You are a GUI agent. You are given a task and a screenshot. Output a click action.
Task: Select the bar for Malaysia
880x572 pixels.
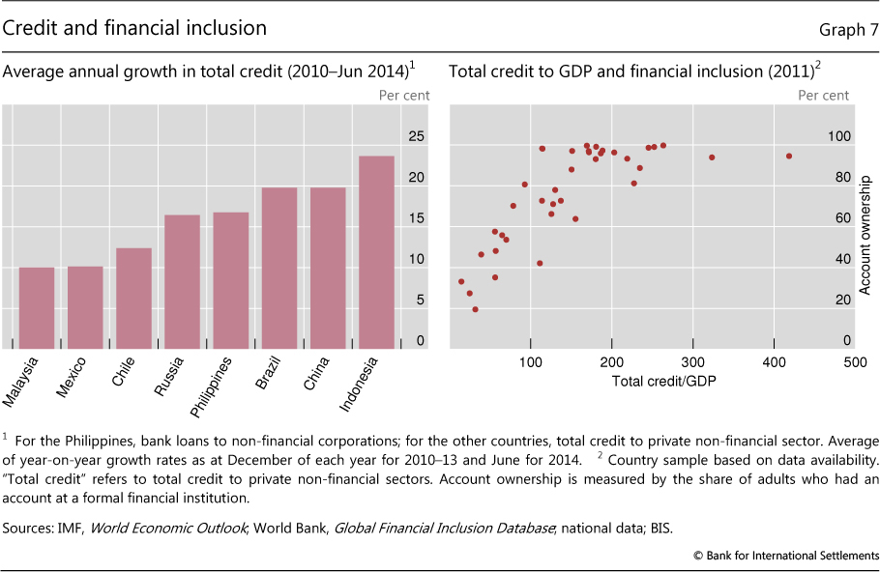(37, 307)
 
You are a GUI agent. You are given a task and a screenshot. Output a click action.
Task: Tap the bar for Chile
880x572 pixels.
(133, 298)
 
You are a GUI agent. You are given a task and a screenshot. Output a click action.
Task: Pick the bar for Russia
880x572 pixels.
(182, 280)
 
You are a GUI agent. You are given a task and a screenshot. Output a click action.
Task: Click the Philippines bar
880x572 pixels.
(230, 279)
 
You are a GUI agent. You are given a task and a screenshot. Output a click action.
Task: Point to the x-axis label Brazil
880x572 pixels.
(272, 372)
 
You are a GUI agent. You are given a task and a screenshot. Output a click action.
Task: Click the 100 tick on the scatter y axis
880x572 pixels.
(839, 137)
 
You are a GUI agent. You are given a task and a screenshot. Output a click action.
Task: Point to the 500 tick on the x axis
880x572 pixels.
(854, 361)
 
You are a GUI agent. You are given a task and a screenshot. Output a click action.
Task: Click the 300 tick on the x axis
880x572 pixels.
(691, 361)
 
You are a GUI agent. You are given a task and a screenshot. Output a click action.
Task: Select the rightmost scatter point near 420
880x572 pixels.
(789, 156)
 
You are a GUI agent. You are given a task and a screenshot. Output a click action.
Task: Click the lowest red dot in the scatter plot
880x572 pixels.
(475, 309)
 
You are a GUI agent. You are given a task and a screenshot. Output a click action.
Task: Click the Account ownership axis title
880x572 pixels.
(866, 234)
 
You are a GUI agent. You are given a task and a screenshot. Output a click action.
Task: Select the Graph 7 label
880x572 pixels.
(848, 30)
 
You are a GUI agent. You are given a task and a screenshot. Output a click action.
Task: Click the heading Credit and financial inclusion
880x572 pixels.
(135, 28)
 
